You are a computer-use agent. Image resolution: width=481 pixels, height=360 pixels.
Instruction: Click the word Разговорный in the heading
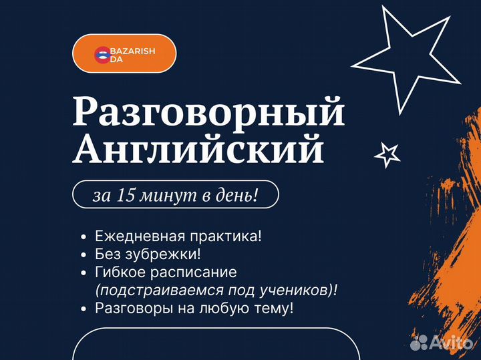click(x=209, y=112)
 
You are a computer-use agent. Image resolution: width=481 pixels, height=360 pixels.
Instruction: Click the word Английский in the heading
click(x=199, y=150)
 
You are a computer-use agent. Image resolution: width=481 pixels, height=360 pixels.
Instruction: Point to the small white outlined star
click(x=387, y=154)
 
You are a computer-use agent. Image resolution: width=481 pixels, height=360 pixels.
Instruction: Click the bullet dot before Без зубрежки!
click(x=82, y=254)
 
